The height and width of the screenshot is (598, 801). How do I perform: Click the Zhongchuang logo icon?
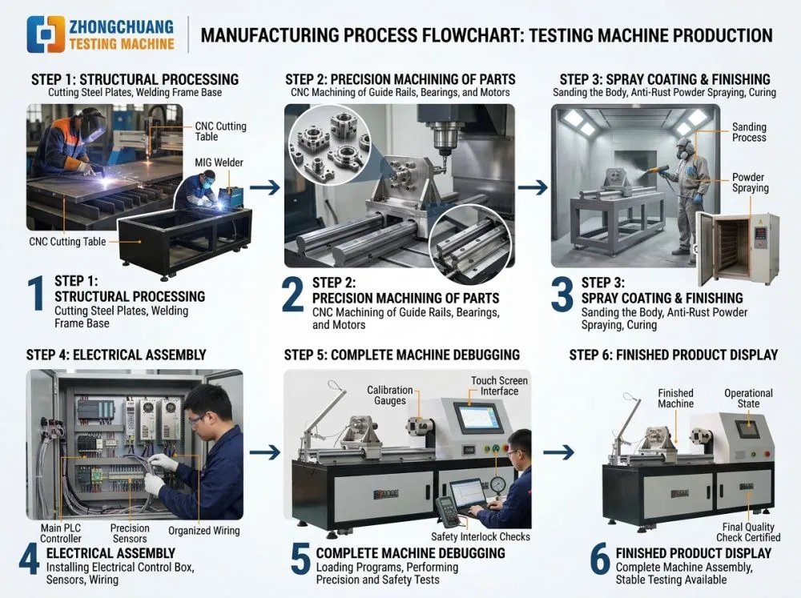[46, 34]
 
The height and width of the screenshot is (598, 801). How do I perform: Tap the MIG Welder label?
[219, 163]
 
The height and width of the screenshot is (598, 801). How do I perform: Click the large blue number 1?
[36, 294]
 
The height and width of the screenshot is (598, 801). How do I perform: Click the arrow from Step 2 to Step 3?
[533, 187]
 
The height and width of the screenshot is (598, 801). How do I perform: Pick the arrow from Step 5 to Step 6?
[558, 452]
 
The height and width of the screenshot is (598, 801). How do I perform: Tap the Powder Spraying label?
[750, 183]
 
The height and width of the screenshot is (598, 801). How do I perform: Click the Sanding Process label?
[749, 132]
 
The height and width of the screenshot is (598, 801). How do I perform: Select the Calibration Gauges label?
[390, 395]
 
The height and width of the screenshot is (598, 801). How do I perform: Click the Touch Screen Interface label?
[499, 386]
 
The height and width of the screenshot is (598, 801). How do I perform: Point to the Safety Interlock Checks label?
[480, 536]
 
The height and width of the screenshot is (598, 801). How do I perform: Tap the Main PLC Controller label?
[60, 533]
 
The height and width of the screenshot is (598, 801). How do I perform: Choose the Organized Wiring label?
[203, 531]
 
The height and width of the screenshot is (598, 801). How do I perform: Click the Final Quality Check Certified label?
[748, 532]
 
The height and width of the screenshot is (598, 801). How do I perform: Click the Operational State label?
[748, 398]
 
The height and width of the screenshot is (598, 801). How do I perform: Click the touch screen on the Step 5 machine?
[477, 417]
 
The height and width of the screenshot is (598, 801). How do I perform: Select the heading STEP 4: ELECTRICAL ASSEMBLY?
[116, 355]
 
